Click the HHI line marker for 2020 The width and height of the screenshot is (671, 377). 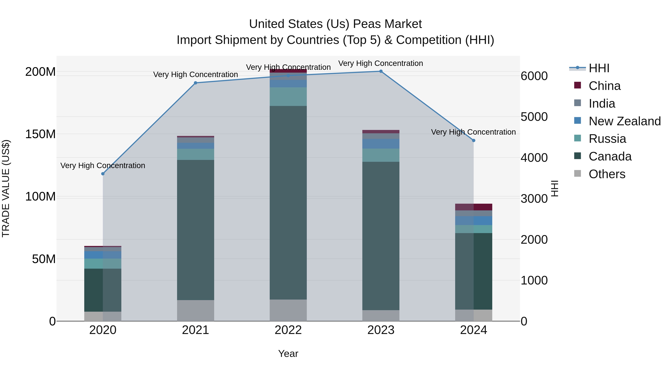[x=103, y=174]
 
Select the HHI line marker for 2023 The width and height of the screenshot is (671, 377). [x=381, y=71]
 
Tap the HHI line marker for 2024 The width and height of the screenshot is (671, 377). [x=474, y=141]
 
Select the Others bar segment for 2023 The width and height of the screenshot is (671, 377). [x=381, y=315]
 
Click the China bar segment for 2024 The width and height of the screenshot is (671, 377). [x=474, y=207]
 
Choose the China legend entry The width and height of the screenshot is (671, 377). [x=604, y=86]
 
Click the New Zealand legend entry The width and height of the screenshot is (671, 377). [x=624, y=121]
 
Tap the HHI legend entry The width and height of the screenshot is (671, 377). [x=598, y=68]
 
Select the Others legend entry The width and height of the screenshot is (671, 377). [x=607, y=174]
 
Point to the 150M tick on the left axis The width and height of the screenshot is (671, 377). [x=40, y=134]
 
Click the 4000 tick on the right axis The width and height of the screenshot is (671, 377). [x=534, y=158]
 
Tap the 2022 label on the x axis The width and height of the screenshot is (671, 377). [x=288, y=330]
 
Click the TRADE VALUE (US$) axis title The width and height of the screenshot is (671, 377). [x=6, y=188]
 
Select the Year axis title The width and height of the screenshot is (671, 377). [x=288, y=354]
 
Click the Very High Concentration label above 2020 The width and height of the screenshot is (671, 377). [x=103, y=166]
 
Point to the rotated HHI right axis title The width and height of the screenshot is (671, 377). [x=555, y=188]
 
